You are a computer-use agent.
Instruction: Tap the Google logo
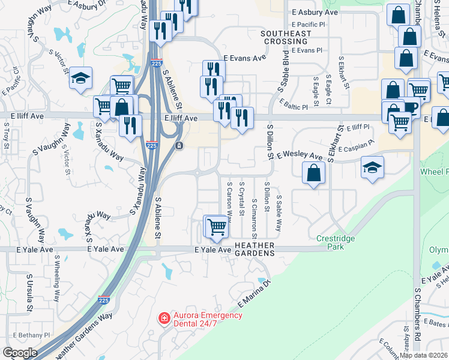20,353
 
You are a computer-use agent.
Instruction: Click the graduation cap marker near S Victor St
80,78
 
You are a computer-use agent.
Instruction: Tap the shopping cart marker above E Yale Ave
217,227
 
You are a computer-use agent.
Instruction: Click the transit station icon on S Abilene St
179,146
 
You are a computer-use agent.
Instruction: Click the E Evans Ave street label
244,58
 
